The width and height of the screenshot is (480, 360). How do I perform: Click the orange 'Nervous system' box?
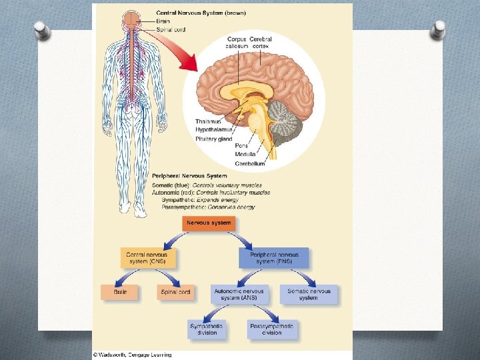click(x=209, y=223)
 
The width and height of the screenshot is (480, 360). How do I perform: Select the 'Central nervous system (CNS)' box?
click(x=147, y=257)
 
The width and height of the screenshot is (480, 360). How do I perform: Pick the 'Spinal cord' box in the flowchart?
click(x=176, y=292)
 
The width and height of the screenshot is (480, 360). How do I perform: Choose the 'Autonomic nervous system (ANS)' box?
click(x=239, y=294)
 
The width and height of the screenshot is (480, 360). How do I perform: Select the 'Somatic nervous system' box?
click(x=308, y=294)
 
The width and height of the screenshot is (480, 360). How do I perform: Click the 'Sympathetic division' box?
click(x=207, y=329)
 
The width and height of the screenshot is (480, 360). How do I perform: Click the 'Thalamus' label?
click(x=208, y=121)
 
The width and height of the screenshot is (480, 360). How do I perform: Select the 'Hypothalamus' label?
click(x=213, y=130)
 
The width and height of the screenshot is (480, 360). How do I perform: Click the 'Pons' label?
click(x=242, y=145)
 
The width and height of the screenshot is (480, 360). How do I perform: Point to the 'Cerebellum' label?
click(x=249, y=163)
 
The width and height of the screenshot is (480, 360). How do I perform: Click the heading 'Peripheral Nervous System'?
click(x=189, y=176)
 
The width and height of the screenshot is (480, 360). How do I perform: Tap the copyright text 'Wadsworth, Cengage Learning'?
click(x=134, y=355)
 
